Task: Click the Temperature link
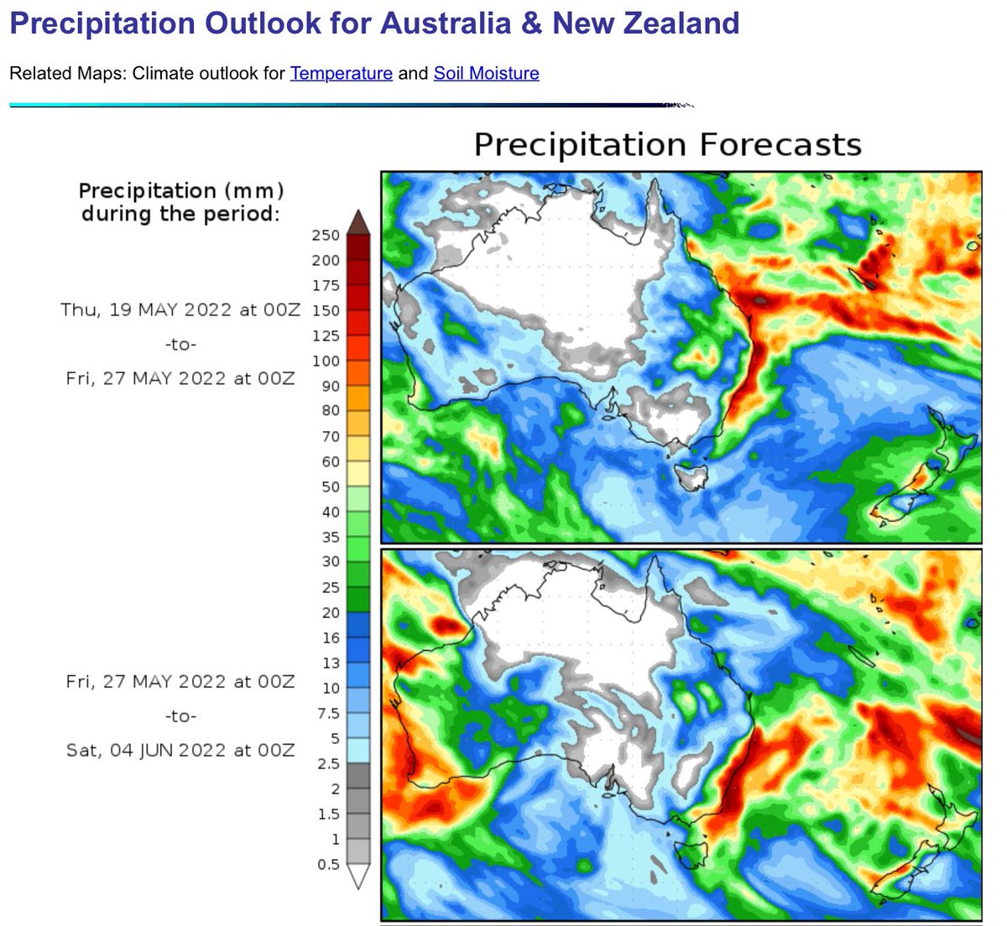[341, 74]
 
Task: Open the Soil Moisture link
[486, 74]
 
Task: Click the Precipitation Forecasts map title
[667, 145]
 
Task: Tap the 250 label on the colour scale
[326, 236]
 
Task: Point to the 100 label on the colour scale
[326, 362]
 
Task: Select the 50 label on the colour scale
[330, 487]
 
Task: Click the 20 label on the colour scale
[330, 613]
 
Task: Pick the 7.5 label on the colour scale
[328, 714]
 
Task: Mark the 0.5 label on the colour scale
[328, 865]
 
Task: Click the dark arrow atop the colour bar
[358, 222]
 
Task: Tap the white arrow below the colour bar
[358, 877]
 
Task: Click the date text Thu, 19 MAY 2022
[144, 310]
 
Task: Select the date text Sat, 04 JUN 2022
[143, 750]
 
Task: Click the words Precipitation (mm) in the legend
[180, 190]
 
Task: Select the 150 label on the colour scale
[326, 311]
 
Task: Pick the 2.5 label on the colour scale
[328, 764]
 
